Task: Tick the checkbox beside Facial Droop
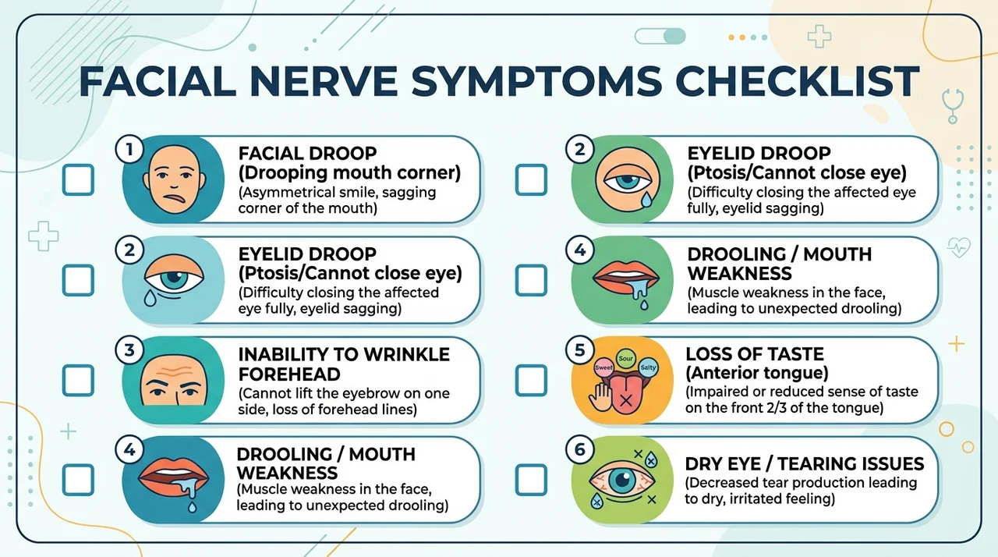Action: tap(78, 179)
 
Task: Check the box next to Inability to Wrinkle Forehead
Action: tap(78, 380)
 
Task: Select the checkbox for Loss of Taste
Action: tap(531, 380)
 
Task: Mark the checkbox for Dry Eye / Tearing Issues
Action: tap(531, 480)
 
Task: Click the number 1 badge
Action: tap(129, 149)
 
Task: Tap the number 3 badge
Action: tap(129, 350)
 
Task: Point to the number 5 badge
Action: tap(579, 350)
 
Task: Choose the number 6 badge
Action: tap(579, 450)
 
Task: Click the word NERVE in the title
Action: tap(324, 82)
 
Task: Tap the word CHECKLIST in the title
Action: tap(798, 82)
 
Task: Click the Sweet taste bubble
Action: tap(604, 367)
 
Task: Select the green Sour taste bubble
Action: tap(626, 358)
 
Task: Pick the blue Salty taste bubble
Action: tap(648, 367)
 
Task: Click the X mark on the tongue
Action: tap(626, 401)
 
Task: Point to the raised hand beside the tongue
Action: tap(600, 397)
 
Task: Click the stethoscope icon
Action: tap(953, 105)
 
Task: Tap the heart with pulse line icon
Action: tap(959, 247)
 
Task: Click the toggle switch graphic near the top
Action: tap(660, 36)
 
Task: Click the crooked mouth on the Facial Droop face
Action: tap(175, 198)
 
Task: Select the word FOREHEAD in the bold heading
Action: tap(289, 374)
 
